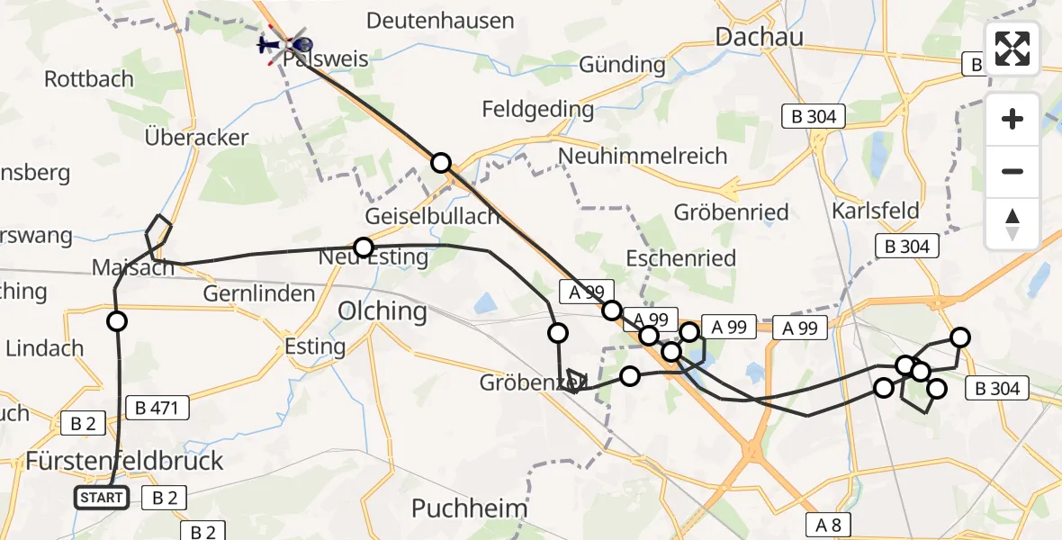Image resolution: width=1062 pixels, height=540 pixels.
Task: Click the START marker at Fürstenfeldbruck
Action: click(x=101, y=498)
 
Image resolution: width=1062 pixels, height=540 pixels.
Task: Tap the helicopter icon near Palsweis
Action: click(x=284, y=43)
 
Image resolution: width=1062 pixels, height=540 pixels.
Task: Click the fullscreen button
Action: click(x=1012, y=49)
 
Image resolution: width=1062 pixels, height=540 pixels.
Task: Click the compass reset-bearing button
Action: click(x=1012, y=224)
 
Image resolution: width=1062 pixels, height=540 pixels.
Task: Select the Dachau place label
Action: click(x=758, y=36)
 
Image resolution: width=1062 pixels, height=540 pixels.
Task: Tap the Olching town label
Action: click(x=382, y=311)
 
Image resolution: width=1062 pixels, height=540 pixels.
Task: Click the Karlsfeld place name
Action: click(x=875, y=211)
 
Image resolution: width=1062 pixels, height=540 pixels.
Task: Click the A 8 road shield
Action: click(x=829, y=525)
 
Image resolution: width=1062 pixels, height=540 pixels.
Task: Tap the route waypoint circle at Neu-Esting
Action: click(x=364, y=247)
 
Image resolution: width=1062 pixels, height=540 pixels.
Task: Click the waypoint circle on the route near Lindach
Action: click(x=117, y=321)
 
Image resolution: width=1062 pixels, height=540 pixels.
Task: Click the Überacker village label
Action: click(x=196, y=138)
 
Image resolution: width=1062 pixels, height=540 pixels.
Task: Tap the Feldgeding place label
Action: click(x=538, y=110)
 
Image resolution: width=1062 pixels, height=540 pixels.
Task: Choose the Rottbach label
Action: click(x=89, y=79)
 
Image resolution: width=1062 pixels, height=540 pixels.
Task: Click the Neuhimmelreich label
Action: click(x=643, y=156)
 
